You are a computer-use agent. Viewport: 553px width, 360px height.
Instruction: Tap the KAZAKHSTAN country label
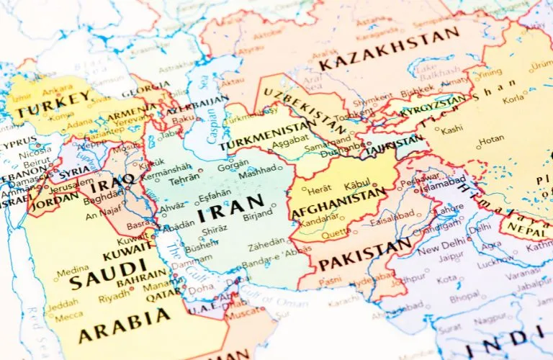(390, 50)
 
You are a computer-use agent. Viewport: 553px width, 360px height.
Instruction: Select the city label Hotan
(492, 139)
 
